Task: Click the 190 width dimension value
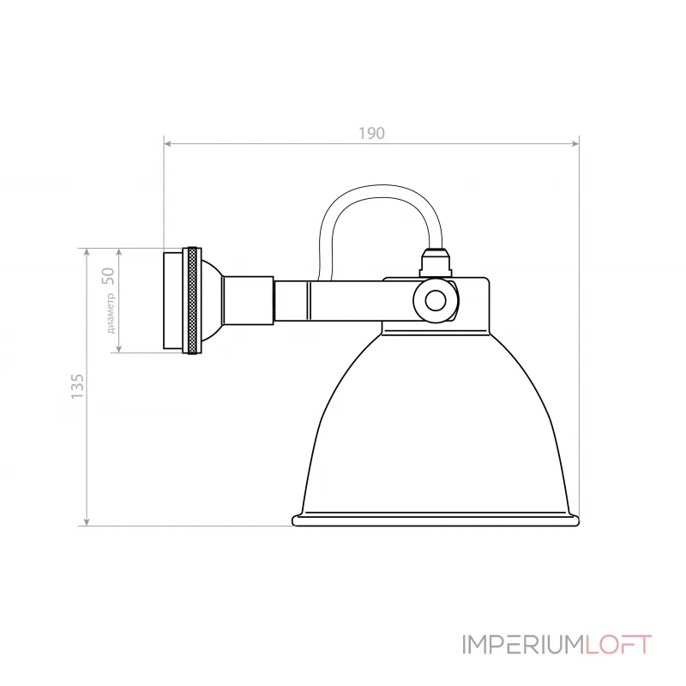371,133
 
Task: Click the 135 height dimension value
77,386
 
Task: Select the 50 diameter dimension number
108,275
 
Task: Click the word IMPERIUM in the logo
524,644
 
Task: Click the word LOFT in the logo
619,644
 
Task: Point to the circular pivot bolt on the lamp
436,300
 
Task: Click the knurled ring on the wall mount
193,300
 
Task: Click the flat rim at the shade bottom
436,520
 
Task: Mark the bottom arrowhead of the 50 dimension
119,346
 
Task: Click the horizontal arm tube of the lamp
343,300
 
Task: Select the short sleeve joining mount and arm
247,300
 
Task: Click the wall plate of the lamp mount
172,300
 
